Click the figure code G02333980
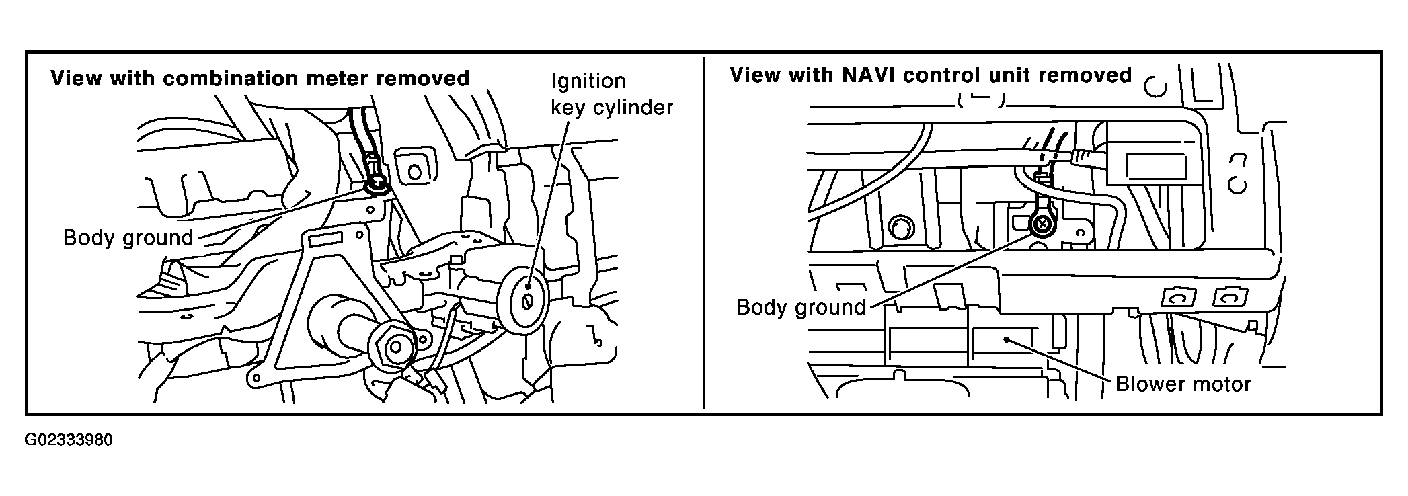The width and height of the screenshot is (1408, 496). pyautogui.click(x=69, y=441)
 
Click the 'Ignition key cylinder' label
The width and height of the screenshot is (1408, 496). pyautogui.click(x=612, y=94)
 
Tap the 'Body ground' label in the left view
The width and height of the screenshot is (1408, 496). pyautogui.click(x=128, y=237)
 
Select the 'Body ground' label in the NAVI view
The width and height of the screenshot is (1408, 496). pyautogui.click(x=801, y=307)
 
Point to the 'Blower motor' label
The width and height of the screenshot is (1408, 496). pyautogui.click(x=1183, y=384)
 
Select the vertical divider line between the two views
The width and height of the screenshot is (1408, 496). pyautogui.click(x=704, y=233)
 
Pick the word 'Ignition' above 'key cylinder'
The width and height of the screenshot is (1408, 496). pyautogui.click(x=588, y=81)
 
